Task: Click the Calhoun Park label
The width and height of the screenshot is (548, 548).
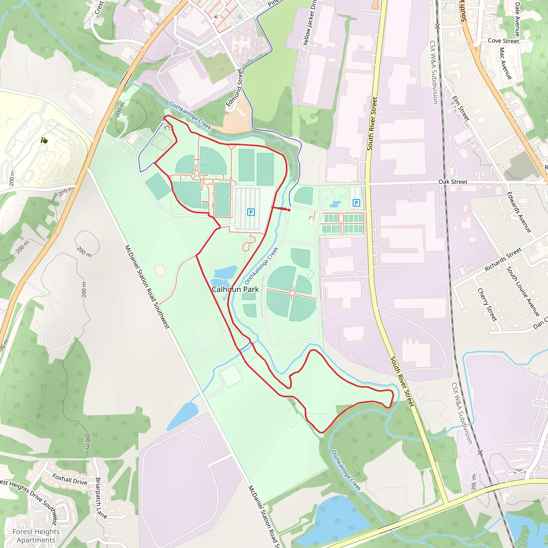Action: click(x=235, y=289)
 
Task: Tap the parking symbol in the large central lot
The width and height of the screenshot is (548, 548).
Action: click(x=251, y=212)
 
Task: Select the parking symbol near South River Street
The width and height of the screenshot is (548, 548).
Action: click(x=356, y=203)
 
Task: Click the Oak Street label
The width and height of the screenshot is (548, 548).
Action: click(x=453, y=181)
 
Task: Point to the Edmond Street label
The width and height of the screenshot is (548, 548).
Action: click(x=234, y=88)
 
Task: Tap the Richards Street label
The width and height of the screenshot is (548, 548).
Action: click(x=503, y=259)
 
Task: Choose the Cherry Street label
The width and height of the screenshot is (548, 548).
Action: click(x=487, y=305)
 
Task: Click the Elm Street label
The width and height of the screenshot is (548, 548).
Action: click(x=461, y=109)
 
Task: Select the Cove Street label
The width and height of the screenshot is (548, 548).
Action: click(x=504, y=41)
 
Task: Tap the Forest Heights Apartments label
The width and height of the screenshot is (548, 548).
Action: click(x=36, y=536)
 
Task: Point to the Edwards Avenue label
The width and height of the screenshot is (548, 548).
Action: click(x=519, y=212)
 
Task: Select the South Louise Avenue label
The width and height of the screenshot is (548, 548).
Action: click(x=523, y=292)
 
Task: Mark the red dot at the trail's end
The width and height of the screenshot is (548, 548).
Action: click(x=289, y=210)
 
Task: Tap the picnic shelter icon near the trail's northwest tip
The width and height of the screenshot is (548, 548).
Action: click(x=167, y=128)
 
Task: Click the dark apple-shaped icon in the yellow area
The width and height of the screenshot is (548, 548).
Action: click(x=44, y=140)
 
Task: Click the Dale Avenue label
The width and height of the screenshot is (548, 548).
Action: click(x=517, y=19)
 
